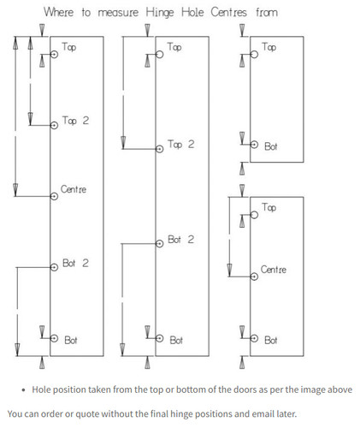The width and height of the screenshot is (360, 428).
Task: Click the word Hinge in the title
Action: click(x=160, y=13)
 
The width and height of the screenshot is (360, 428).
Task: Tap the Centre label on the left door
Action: click(x=74, y=189)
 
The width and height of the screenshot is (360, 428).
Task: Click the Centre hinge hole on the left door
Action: click(x=54, y=196)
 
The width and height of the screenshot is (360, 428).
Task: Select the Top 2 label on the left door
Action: click(x=75, y=121)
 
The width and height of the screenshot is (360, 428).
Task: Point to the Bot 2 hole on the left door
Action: click(x=54, y=267)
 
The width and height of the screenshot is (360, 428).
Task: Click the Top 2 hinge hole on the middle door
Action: click(x=160, y=149)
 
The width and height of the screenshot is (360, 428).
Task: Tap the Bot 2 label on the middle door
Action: click(x=181, y=240)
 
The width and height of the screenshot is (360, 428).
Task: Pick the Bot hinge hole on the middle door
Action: click(x=160, y=338)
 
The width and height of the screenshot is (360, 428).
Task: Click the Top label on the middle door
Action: click(x=174, y=47)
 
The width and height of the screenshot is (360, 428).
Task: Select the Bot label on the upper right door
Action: click(x=270, y=146)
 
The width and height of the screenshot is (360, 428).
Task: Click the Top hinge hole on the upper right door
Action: click(x=254, y=54)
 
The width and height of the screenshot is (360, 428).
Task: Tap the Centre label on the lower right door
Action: click(x=274, y=270)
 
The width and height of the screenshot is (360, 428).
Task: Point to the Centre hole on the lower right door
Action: click(x=254, y=276)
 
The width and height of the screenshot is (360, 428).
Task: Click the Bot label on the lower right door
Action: click(x=270, y=340)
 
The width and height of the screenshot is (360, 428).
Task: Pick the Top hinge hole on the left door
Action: click(x=54, y=54)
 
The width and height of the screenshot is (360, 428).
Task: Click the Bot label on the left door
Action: click(x=71, y=340)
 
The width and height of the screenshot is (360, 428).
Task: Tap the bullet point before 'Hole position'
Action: click(x=24, y=390)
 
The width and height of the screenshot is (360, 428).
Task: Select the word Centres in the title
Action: click(x=228, y=13)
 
